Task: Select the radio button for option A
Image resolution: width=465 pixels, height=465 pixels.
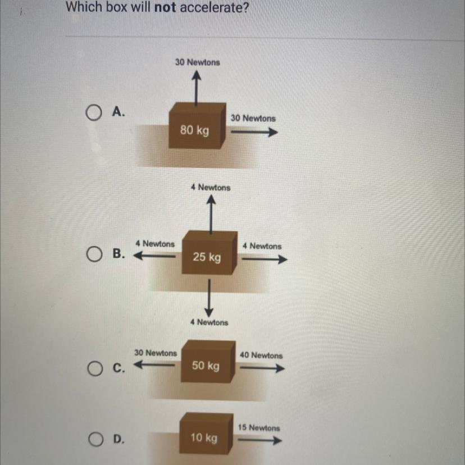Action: tap(93, 113)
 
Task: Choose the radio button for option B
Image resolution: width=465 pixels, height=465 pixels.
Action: tap(93, 254)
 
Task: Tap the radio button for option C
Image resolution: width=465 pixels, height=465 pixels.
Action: tap(93, 369)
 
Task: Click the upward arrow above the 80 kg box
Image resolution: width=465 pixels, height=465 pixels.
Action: tap(195, 90)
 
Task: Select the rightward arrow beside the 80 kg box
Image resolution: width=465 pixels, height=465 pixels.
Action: tap(254, 133)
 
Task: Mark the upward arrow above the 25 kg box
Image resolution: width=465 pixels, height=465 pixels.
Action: tap(210, 216)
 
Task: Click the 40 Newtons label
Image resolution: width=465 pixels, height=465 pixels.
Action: tap(261, 355)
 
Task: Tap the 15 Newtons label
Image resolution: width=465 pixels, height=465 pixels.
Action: tap(258, 428)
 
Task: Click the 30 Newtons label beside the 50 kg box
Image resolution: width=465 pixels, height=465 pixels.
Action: tap(155, 353)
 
